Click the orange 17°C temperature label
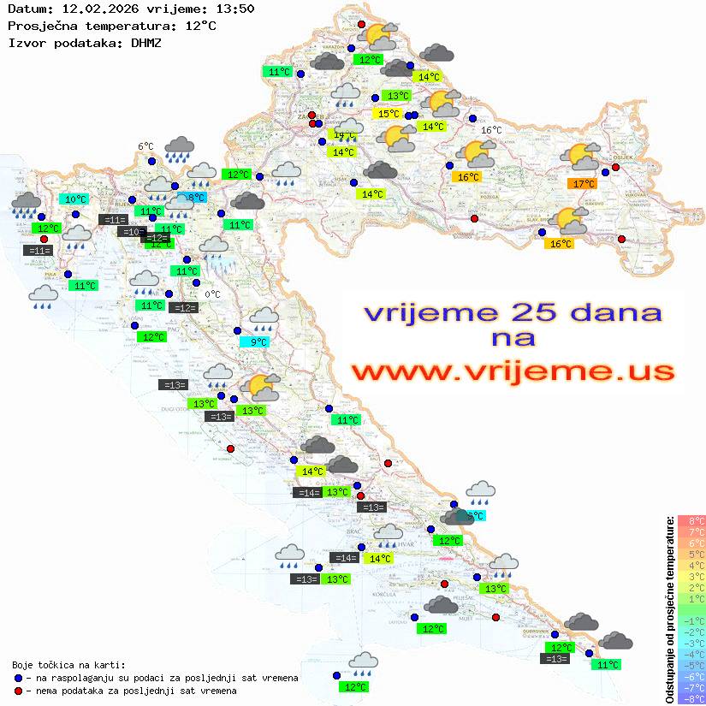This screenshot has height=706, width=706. tap(584, 184)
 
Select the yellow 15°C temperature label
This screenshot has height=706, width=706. tap(389, 114)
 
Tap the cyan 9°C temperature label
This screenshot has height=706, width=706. tap(258, 342)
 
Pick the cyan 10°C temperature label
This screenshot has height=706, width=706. tap(75, 199)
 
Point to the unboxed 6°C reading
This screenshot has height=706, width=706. tap(145, 146)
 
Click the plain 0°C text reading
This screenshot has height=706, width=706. tap(212, 294)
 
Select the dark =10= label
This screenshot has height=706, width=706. tap(131, 232)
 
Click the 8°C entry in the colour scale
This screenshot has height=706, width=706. tap(691, 520)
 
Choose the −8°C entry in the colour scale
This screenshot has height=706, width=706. tap(691, 698)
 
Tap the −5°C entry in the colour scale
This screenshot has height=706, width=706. tap(691, 665)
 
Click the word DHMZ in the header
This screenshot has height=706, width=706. tap(145, 42)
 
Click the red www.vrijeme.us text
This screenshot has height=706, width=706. tap(512, 372)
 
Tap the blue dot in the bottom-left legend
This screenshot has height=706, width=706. tap(19, 678)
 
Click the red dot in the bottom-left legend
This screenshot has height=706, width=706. tap(19, 691)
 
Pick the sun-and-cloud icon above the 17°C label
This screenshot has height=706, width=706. tap(582, 157)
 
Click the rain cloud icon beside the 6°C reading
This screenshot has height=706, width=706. tap(179, 148)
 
